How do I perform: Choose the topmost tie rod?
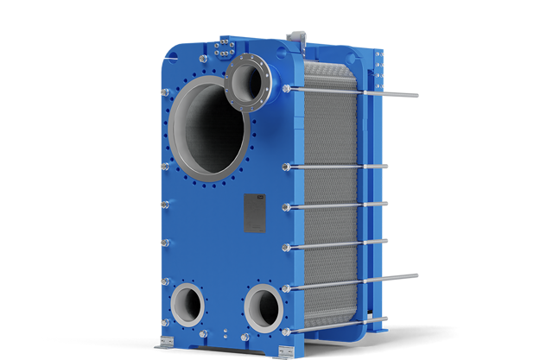(x=346, y=91)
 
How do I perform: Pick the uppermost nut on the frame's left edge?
(x=162, y=89)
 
